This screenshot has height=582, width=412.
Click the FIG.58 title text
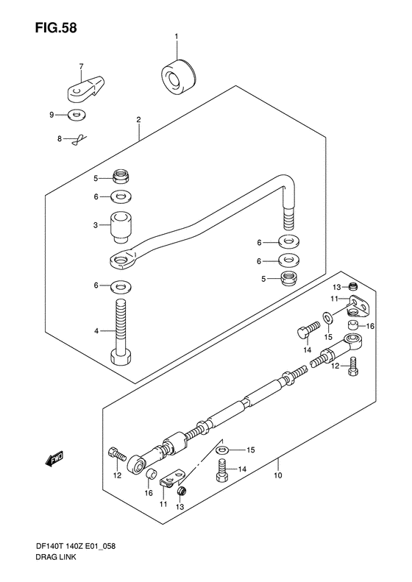click(56, 28)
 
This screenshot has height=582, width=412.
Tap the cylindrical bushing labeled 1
click(179, 77)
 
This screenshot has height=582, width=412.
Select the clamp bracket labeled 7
click(86, 88)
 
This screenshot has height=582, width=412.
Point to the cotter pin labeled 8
click(79, 140)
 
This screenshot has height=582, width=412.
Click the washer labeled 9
click(77, 115)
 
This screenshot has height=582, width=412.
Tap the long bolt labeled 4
click(120, 331)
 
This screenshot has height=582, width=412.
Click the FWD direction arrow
click(54, 458)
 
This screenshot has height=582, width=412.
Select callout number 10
click(278, 475)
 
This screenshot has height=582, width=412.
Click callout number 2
click(138, 120)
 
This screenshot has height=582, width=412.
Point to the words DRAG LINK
click(56, 557)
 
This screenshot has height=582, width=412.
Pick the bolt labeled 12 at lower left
click(116, 453)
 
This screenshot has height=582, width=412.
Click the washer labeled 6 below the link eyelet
click(121, 286)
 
